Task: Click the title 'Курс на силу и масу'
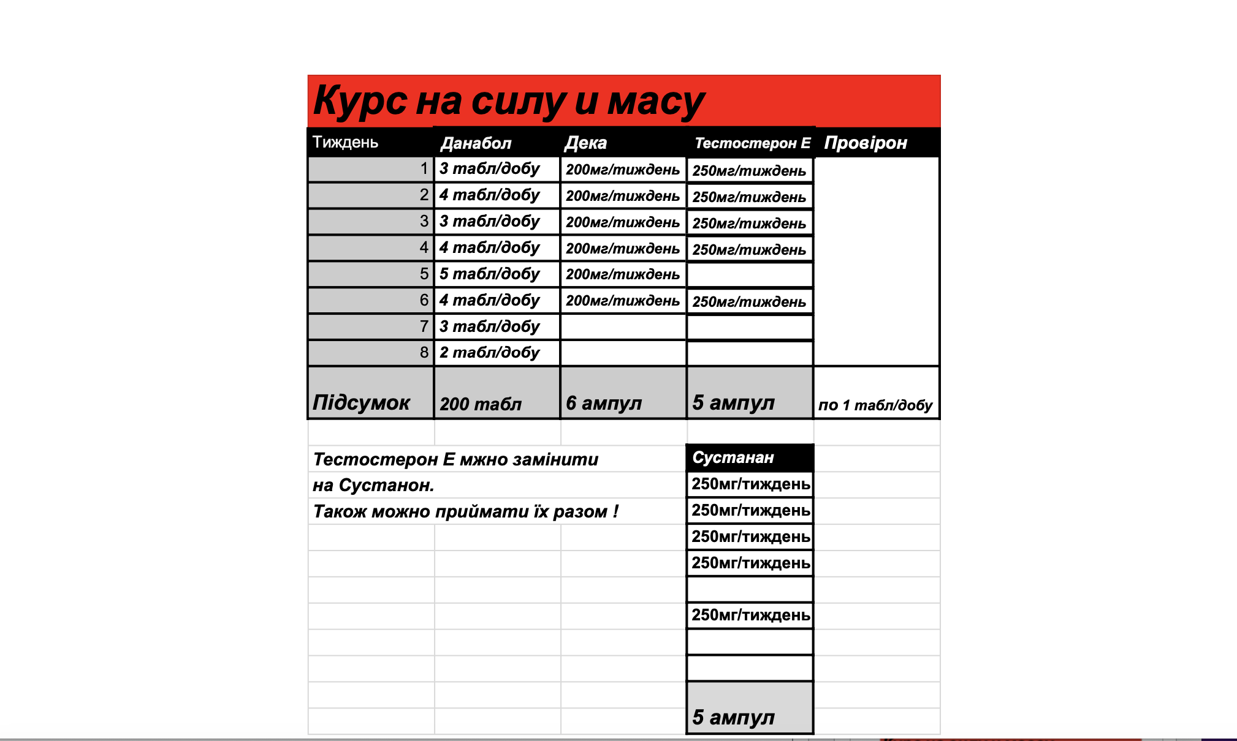[509, 101]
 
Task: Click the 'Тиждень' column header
[345, 142]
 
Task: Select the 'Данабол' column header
[476, 143]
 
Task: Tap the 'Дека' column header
[585, 143]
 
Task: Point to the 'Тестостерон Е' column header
[752, 143]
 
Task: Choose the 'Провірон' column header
[865, 143]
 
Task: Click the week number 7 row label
[424, 326]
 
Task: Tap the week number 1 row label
[424, 168]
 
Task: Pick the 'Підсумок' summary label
[361, 402]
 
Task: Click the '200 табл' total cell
[481, 404]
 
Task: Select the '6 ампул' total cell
[604, 403]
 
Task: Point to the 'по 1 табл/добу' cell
[875, 405]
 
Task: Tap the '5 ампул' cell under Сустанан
[734, 717]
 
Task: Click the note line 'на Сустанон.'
[373, 485]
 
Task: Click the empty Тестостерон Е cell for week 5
[750, 275]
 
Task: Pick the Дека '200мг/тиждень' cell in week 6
[623, 301]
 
